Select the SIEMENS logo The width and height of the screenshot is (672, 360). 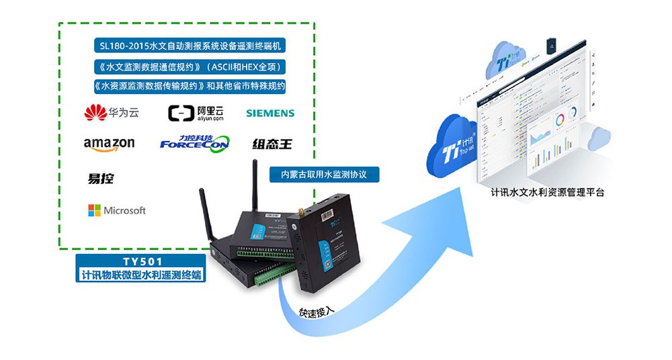270,113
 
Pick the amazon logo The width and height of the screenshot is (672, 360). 109,144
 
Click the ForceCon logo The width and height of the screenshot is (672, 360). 194,142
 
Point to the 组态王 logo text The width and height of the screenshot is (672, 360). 272,144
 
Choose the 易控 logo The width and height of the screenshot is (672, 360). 101,179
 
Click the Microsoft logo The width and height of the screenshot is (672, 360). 116,210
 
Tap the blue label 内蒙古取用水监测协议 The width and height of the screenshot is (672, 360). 325,173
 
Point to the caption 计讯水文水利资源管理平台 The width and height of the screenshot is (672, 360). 547,193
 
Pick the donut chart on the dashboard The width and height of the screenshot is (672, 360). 560,122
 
